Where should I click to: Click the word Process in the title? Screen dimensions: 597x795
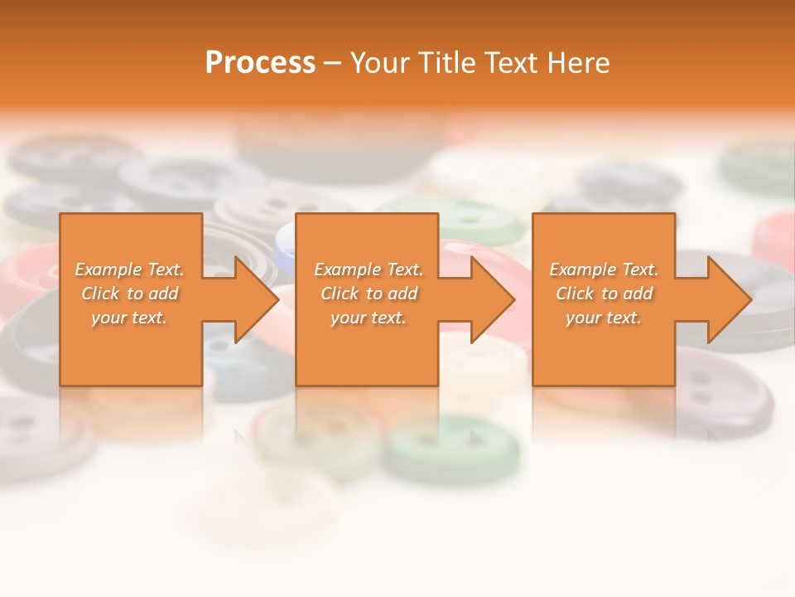coord(260,63)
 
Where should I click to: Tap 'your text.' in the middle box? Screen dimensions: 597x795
coord(368,318)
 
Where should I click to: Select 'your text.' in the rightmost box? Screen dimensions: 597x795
coord(603,318)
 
